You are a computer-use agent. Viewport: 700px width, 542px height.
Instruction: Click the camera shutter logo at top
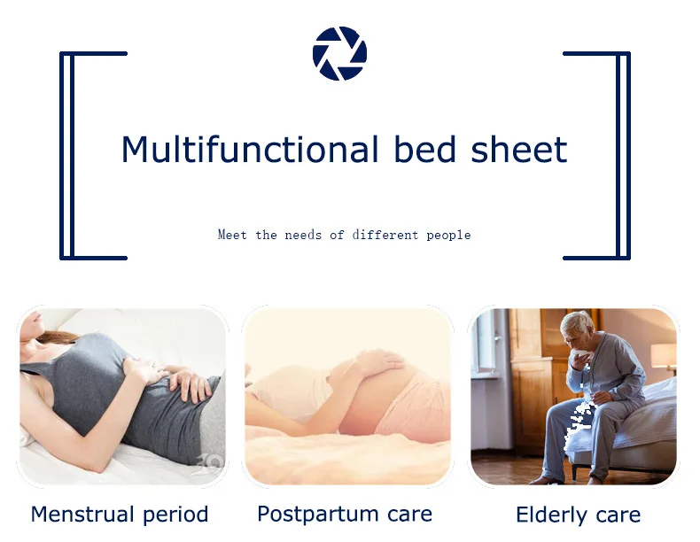pos(339,53)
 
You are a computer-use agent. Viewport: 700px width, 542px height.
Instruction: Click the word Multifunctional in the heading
pos(250,149)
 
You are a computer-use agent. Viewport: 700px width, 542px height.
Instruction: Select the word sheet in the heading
pos(519,149)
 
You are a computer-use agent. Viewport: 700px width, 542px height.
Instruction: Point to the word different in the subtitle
pos(385,235)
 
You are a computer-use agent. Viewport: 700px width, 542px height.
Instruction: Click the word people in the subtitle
pos(448,235)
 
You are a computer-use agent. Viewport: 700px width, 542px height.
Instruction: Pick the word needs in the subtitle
pos(303,235)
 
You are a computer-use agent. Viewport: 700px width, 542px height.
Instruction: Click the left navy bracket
pos(67,156)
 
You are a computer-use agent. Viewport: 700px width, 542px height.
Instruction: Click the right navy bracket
pos(623,156)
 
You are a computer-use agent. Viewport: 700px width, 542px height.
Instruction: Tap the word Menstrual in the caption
pos(82,514)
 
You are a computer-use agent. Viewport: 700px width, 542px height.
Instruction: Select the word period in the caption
pos(175,515)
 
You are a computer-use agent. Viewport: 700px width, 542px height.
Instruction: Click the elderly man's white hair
pos(577,321)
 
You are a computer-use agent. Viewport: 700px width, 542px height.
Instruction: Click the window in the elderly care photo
pos(486,341)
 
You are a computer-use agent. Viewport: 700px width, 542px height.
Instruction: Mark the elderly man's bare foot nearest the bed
pos(595,479)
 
